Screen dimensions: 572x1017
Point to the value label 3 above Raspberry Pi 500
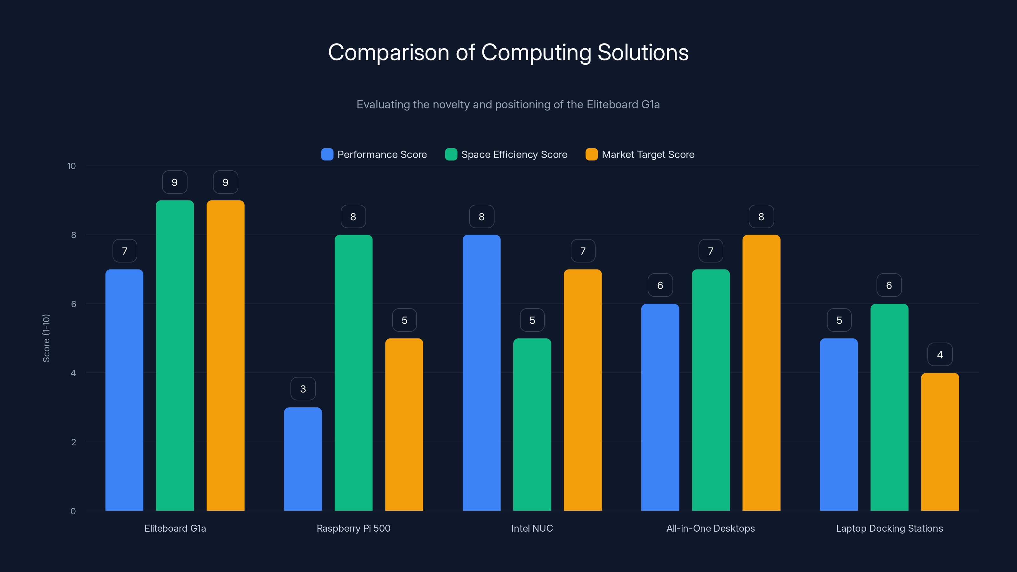click(x=303, y=389)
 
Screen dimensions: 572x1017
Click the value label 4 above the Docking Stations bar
click(x=940, y=355)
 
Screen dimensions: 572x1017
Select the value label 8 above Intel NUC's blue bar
click(x=481, y=216)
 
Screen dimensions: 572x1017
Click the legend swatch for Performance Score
click(x=327, y=154)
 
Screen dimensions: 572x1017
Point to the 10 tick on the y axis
click(x=72, y=166)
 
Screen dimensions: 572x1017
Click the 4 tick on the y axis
click(x=73, y=373)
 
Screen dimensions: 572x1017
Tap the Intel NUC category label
click(x=532, y=528)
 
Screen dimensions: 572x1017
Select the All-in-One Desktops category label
click(x=710, y=528)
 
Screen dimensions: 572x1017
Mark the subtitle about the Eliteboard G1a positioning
click(x=508, y=104)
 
